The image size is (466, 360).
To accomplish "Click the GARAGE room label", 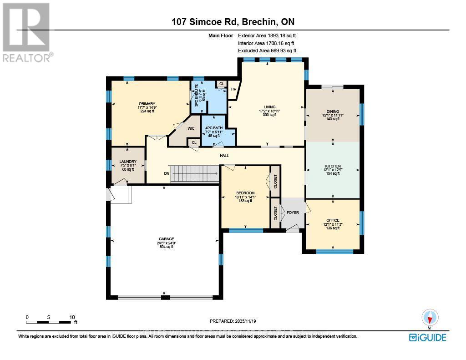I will coord(166,239).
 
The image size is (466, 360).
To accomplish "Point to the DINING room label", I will coord(333,112).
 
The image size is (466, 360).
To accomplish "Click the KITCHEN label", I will coord(333,166).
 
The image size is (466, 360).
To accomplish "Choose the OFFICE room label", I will coord(333,220).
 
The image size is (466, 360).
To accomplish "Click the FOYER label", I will coord(293,213).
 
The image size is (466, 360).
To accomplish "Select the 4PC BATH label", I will coord(213,128).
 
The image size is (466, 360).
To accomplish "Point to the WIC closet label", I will coord(191,128).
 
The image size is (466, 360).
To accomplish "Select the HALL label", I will coord(224,156).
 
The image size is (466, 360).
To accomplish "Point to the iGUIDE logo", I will coord(427,337).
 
